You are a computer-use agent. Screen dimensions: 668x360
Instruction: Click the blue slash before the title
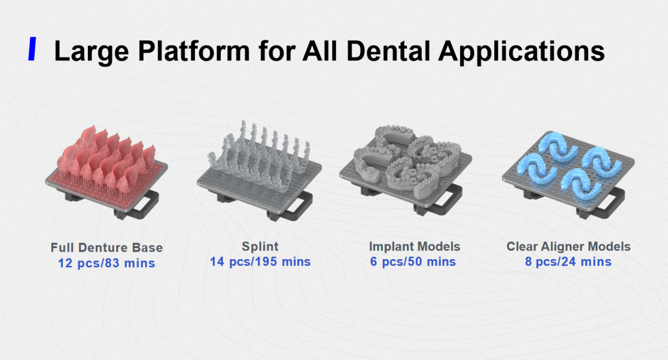coord(32,49)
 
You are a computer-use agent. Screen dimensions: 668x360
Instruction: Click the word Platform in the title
coord(194,51)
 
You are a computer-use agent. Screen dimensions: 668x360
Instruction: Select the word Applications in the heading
coord(521,51)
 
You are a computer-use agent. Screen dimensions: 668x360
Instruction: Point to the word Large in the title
coord(91,51)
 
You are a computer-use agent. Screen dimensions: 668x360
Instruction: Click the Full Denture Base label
coord(106,247)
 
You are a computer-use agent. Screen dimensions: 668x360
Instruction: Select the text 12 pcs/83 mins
coord(106,263)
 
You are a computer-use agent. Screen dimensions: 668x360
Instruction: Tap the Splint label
coord(260,246)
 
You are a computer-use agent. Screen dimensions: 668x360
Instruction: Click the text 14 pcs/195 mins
coord(260,262)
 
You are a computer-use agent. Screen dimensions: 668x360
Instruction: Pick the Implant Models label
coord(414,246)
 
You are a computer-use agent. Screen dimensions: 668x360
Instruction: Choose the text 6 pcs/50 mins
coord(413,262)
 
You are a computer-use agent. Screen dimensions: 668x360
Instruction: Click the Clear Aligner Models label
coord(568,246)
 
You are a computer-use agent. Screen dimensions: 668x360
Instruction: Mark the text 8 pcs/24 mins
coord(568,262)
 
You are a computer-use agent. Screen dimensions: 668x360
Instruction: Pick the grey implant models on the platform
coord(407,158)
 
